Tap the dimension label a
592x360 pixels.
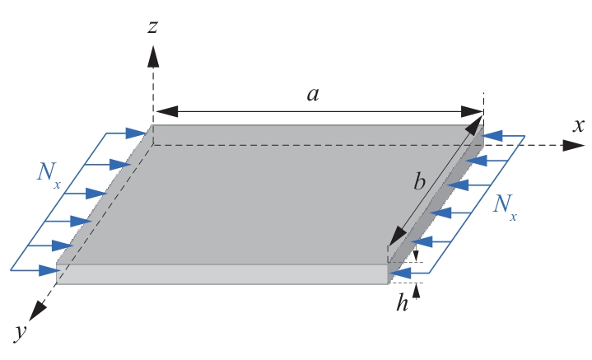coord(313,94)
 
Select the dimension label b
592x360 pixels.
coord(419,182)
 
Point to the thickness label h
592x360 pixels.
coord(402,303)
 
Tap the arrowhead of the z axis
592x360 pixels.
coord(152,56)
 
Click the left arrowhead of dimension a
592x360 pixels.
coord(163,110)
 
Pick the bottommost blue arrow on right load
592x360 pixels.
coord(399,273)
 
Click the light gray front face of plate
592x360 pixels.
coord(222,274)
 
